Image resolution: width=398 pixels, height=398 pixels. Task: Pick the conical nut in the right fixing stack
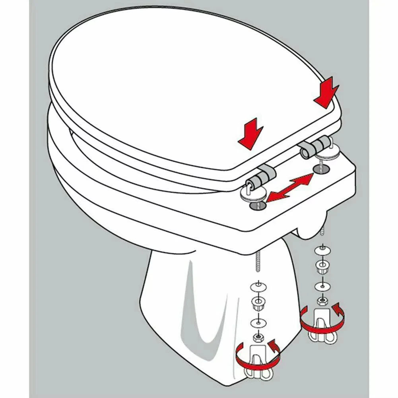pos(321,268)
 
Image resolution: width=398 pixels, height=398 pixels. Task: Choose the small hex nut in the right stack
pos(321,300)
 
